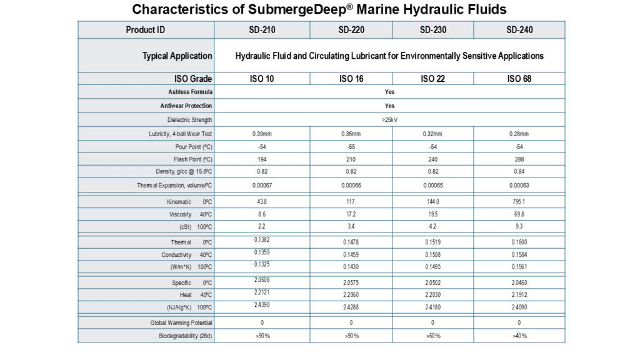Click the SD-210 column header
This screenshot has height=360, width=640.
pos(262,29)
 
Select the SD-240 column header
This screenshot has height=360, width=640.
pos(519,29)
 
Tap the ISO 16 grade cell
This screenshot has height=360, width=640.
pos(351,79)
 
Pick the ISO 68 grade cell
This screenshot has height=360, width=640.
pos(519,79)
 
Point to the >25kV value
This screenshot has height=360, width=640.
pos(389,119)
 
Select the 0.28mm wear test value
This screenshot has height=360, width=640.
pos(519,134)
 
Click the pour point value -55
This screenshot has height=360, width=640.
pos(351,146)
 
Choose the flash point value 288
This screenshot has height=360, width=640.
pos(519,159)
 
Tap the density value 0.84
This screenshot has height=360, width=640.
pos(519,171)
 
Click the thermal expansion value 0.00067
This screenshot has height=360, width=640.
pos(262,186)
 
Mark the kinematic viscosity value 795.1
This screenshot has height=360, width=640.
pos(519,202)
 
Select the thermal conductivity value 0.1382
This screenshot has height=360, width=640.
pos(262,240)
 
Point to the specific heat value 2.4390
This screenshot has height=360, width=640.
pos(262,305)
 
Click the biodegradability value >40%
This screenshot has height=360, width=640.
pos(519,336)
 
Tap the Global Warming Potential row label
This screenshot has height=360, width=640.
pos(181,322)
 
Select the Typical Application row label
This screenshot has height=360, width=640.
pos(177,56)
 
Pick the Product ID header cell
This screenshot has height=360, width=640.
pos(146,29)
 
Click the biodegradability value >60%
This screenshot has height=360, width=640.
pos(432,336)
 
